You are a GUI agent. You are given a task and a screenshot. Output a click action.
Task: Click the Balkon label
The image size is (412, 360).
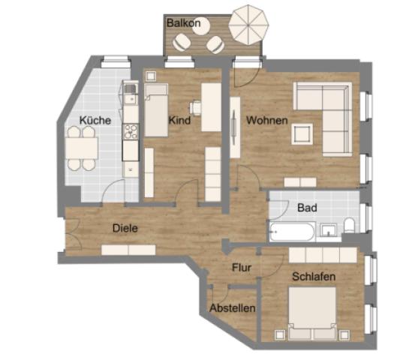[x=183, y=23]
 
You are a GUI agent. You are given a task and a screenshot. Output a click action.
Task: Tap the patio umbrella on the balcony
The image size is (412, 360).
[x=248, y=25]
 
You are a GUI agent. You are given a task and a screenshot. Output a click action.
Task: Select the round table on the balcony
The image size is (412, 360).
[x=201, y=27]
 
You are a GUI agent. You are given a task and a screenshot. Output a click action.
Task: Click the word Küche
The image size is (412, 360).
[x=95, y=121]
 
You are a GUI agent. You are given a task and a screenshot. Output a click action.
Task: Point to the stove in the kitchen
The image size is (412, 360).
[x=131, y=131]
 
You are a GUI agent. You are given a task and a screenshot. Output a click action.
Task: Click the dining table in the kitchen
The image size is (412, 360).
[x=82, y=148]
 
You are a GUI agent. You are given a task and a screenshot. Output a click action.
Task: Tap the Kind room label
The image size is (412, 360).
[x=179, y=120]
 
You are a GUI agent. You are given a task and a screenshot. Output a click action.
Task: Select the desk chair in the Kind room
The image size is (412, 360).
[x=195, y=108]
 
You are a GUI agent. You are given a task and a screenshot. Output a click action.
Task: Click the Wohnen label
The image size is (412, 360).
[x=267, y=120]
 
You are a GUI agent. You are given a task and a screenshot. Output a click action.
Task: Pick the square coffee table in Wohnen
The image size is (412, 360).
[x=302, y=134]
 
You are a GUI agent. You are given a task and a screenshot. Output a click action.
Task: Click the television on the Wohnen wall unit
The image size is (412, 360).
[x=233, y=127]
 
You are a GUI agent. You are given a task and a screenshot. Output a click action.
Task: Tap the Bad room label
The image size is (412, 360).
[x=307, y=208]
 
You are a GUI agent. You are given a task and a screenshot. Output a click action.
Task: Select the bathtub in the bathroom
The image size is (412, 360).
[x=292, y=232]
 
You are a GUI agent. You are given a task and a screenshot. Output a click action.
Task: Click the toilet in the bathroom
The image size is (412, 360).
[x=349, y=225]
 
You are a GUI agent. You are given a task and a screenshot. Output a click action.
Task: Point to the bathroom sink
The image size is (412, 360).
[x=329, y=230]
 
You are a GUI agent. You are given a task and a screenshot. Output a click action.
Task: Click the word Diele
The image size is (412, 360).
[x=125, y=228]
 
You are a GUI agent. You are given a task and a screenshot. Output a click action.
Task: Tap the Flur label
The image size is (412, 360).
[x=242, y=268]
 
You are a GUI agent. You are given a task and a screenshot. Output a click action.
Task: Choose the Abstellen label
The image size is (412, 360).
[x=233, y=308]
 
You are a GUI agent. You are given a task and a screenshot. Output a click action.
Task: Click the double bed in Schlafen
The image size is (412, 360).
[x=312, y=313]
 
